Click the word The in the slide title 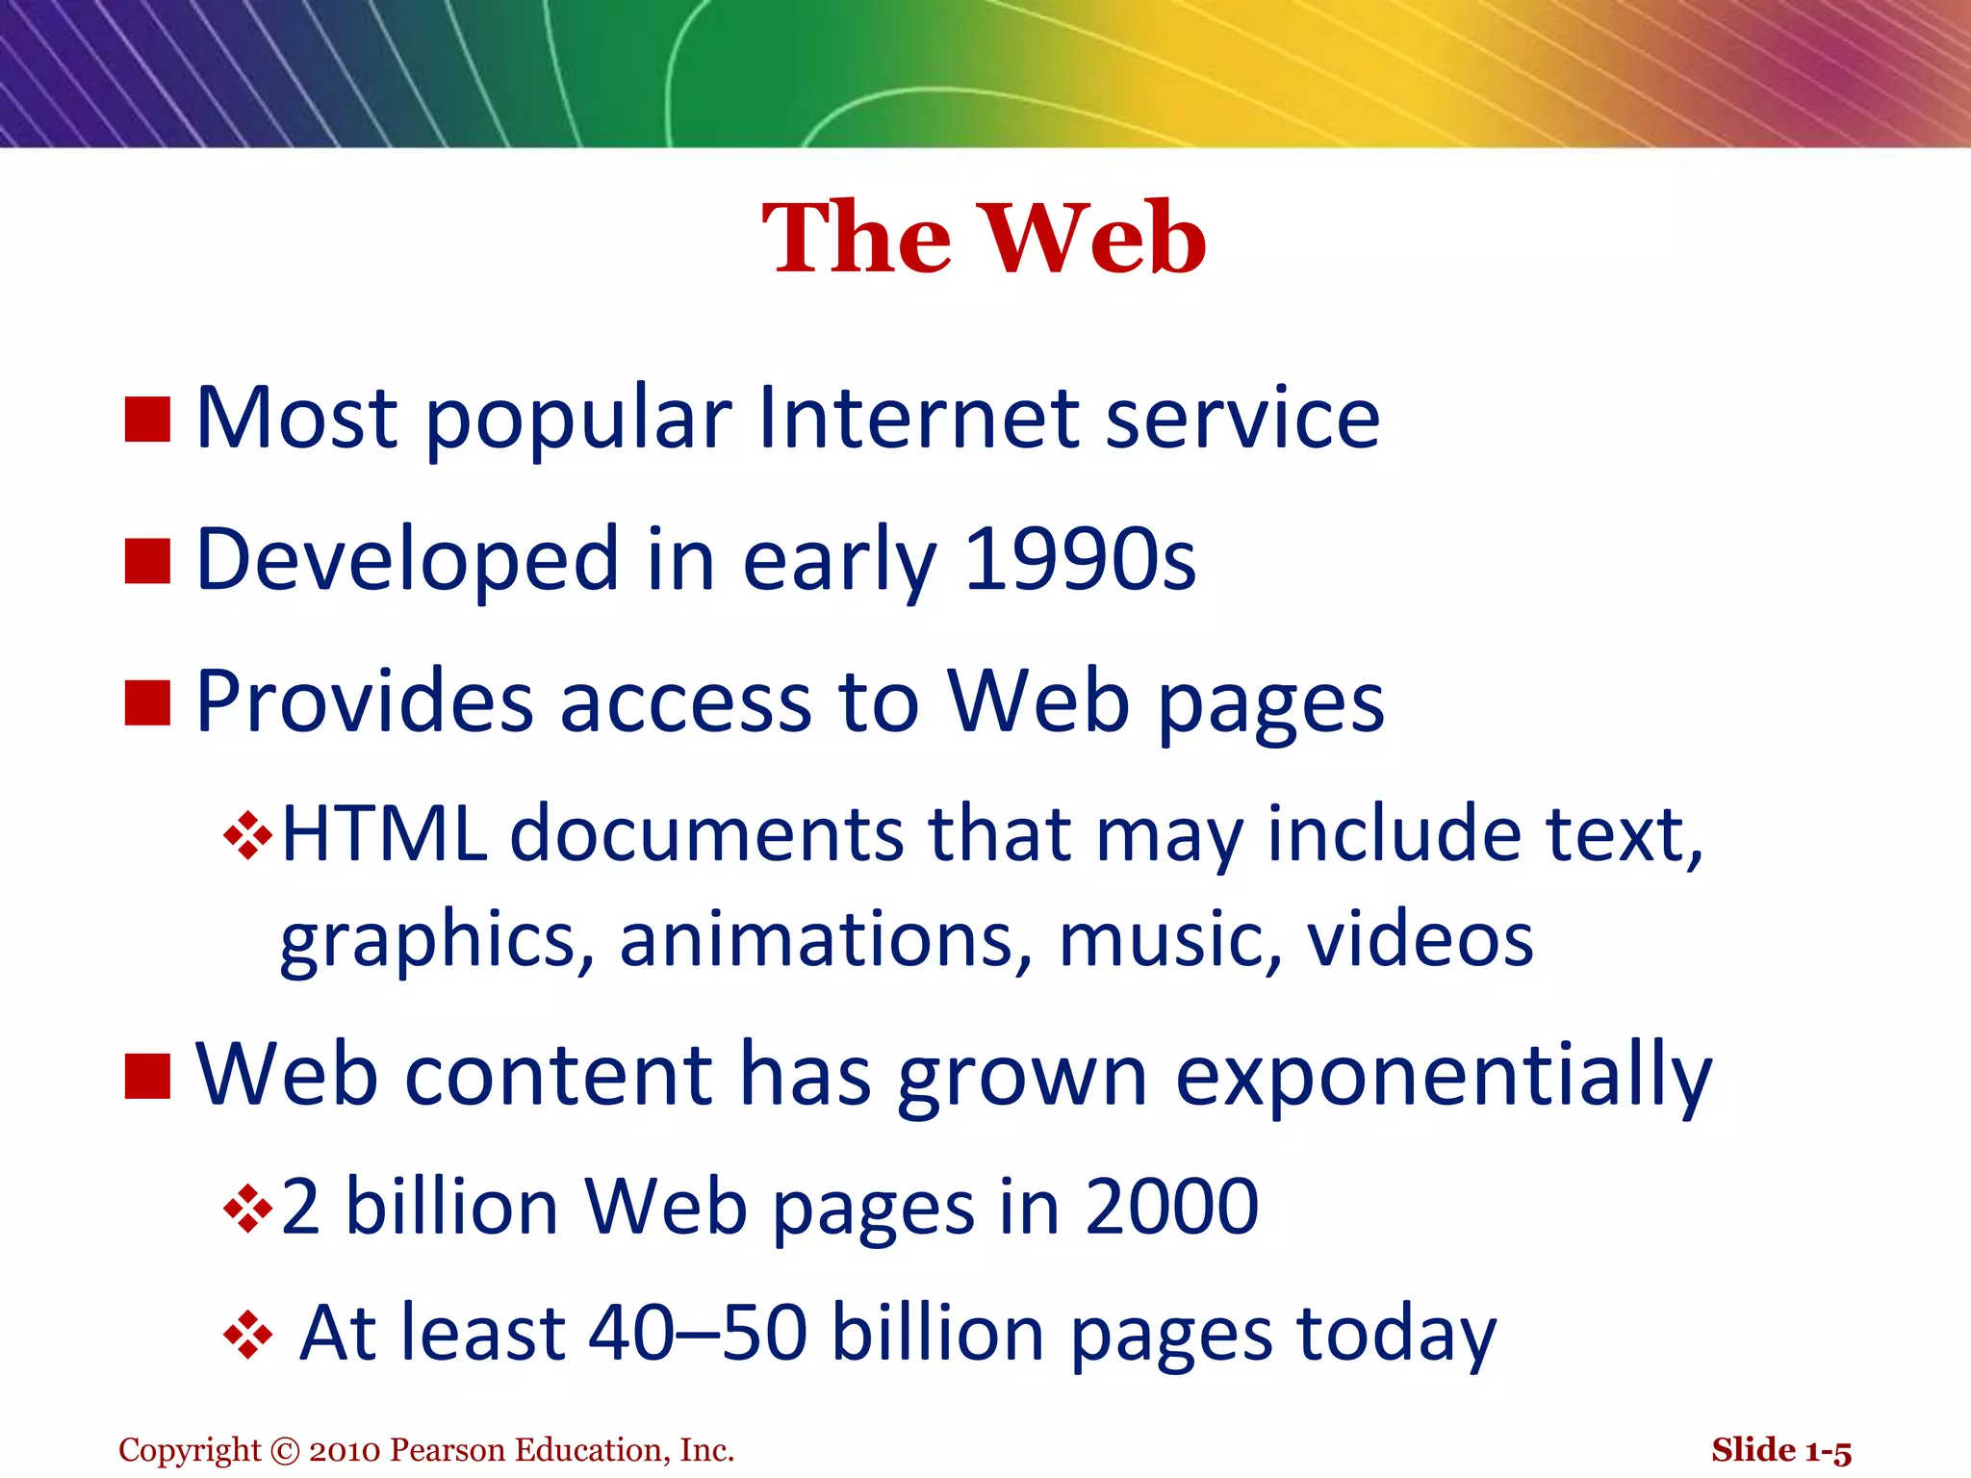[857, 239]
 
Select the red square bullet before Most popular [147, 420]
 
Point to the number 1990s [1079, 560]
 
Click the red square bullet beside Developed [147, 561]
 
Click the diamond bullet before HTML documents [247, 835]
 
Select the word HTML [384, 833]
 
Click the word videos [1420, 939]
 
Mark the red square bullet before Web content [147, 1075]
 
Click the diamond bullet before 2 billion [247, 1209]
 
